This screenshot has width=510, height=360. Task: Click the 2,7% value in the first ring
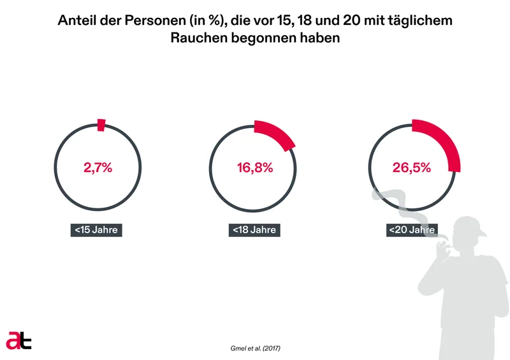98,168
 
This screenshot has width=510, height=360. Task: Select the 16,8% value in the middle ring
255,168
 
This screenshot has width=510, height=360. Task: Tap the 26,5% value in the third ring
411,168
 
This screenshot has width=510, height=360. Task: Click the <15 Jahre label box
96,229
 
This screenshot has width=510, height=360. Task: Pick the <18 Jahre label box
254,229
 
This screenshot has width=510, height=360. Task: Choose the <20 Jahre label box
411,229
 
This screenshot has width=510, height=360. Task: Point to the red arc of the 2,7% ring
101,125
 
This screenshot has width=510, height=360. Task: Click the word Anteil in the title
76,21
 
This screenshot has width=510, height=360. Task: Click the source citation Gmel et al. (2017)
254,349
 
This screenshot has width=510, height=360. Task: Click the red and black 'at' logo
19,340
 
